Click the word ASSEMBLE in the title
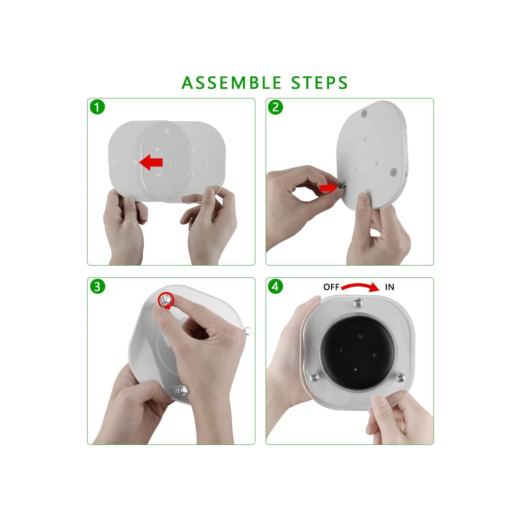231,83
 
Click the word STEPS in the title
319,83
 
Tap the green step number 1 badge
97,107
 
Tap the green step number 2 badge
275,107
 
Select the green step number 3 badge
97,286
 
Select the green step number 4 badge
275,286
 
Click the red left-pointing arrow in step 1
151,162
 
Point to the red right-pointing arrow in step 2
328,188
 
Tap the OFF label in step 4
331,287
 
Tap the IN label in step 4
389,287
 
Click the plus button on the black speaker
374,355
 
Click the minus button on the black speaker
341,351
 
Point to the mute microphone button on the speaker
360,336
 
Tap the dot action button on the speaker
355,369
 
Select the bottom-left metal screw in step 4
315,377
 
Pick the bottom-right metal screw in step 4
400,377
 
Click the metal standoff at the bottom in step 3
183,390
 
